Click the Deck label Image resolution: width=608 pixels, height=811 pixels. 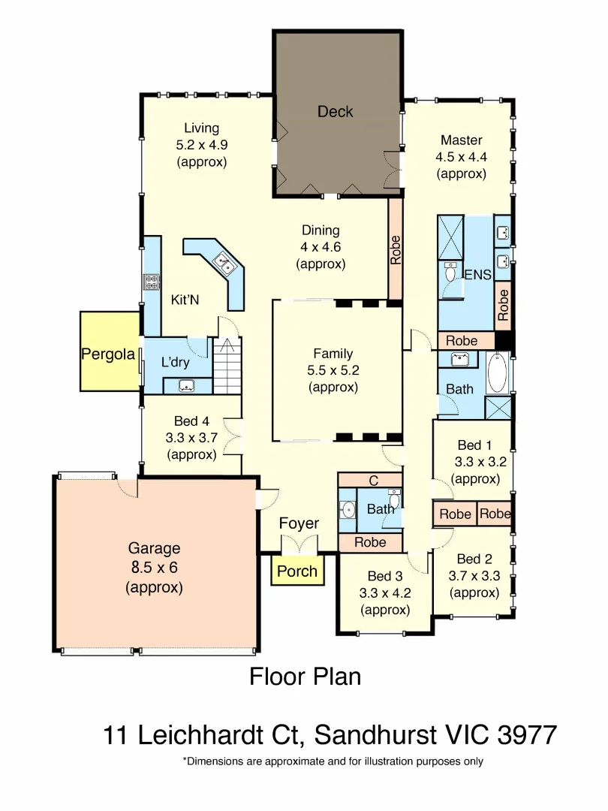point(335,112)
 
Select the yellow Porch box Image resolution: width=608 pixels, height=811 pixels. point(297,571)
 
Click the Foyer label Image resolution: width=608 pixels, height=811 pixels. point(299,523)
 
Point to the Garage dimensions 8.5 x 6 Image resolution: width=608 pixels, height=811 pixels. point(154,568)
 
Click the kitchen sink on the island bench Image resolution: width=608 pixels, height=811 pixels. point(225,263)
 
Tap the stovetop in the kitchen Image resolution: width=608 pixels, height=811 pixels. point(152,282)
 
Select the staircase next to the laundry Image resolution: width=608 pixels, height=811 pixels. point(227,366)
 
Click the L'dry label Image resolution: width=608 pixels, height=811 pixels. point(175,363)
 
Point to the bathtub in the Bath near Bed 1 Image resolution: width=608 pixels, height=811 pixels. point(496,373)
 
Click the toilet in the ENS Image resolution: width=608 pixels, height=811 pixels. point(450,273)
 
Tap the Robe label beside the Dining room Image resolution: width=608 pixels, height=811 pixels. point(395,250)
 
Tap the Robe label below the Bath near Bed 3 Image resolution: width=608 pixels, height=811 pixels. point(370,542)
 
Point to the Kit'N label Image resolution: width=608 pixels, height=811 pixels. point(185,300)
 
